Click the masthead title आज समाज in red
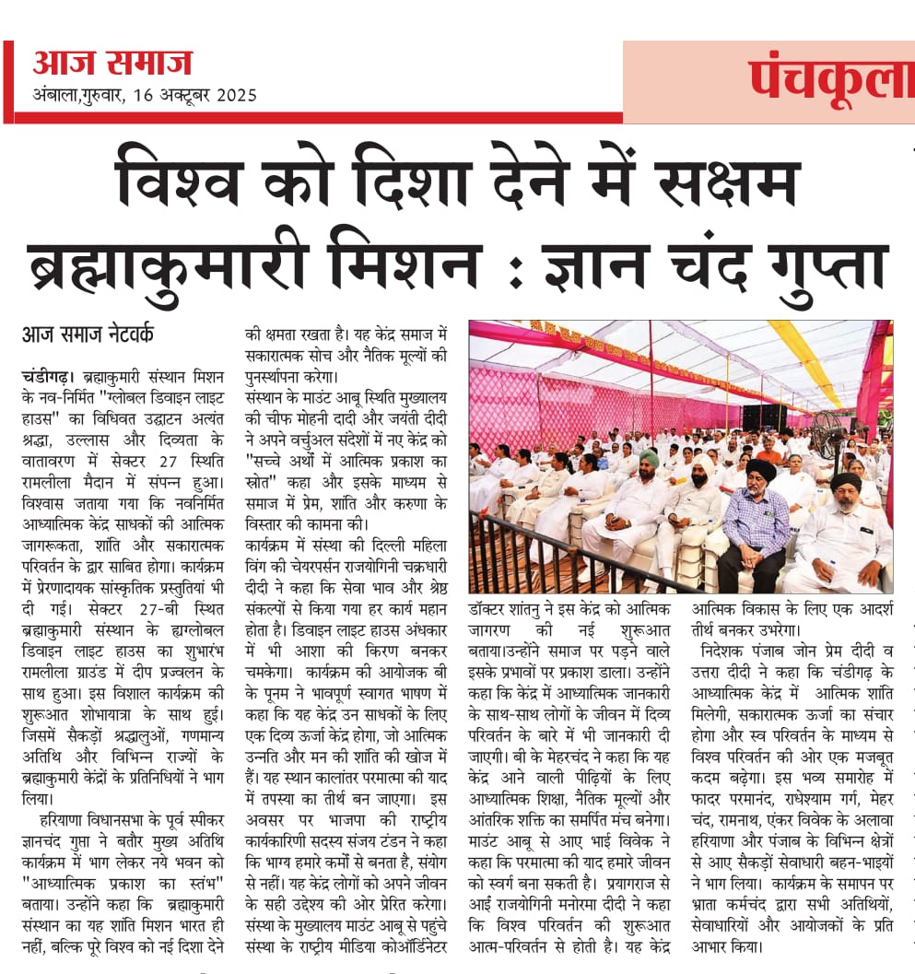(x=111, y=64)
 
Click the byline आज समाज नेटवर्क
(x=88, y=334)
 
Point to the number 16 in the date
(x=142, y=95)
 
